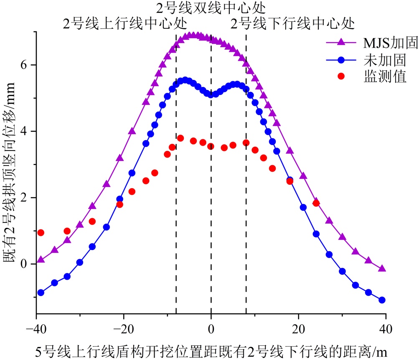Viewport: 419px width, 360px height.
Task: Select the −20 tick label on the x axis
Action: click(x=124, y=326)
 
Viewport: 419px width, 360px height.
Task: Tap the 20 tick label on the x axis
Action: click(x=298, y=326)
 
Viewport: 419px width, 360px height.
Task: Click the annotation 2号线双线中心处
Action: click(x=211, y=8)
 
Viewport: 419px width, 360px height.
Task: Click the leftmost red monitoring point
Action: click(x=41, y=232)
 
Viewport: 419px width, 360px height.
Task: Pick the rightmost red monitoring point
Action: click(x=316, y=203)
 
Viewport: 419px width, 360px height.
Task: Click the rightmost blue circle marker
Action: click(x=382, y=300)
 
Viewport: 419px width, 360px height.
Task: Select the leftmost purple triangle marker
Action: click(x=41, y=260)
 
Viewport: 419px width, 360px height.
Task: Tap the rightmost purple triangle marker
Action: click(x=382, y=268)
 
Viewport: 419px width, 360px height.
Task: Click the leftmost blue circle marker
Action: click(x=41, y=293)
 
